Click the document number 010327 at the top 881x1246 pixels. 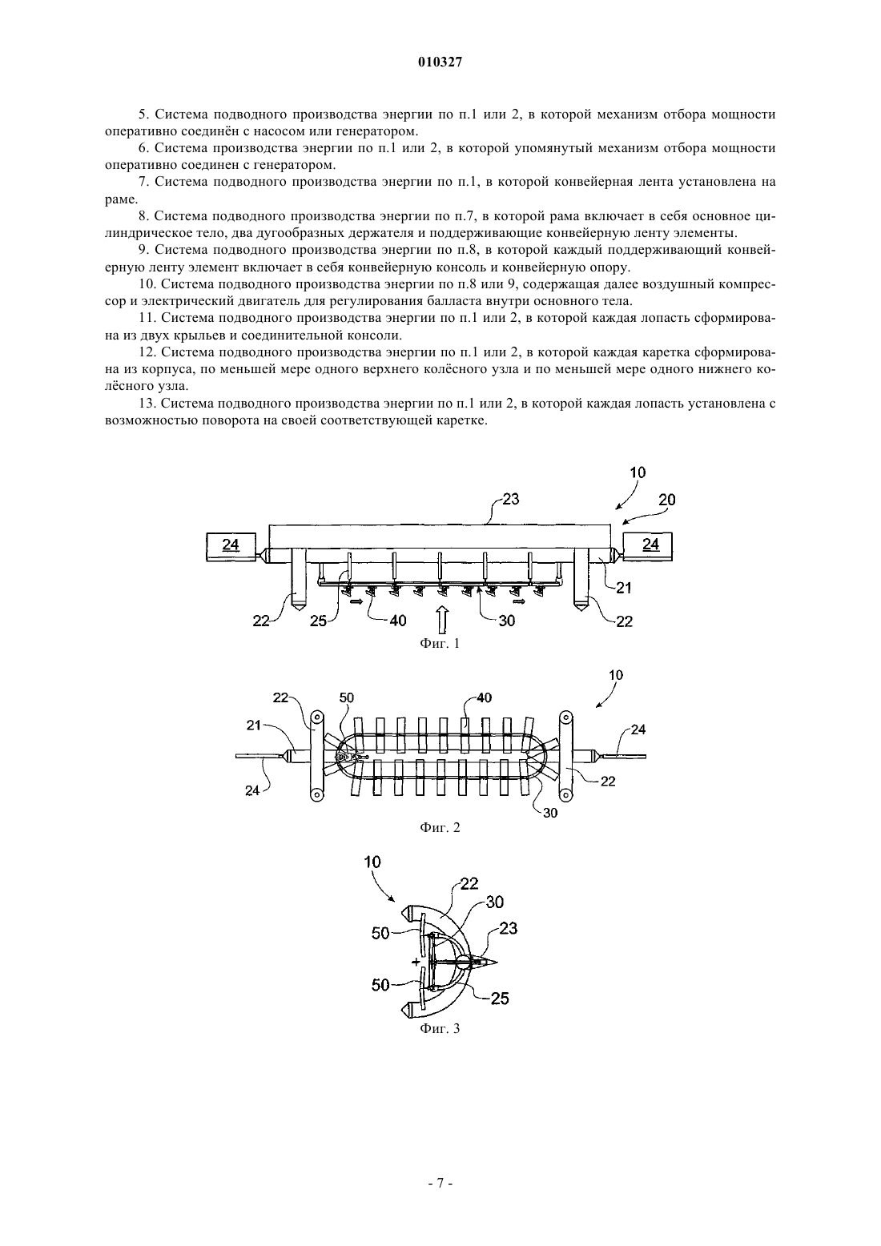(440, 62)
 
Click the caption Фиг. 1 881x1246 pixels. (440, 644)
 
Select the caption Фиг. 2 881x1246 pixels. (440, 827)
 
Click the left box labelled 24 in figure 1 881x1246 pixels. (231, 547)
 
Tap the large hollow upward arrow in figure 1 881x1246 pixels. (442, 620)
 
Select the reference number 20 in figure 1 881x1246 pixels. (667, 500)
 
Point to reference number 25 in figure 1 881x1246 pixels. (318, 621)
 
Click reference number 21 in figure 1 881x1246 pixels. (624, 588)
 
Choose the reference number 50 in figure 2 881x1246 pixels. (346, 697)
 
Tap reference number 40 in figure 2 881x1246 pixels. (485, 697)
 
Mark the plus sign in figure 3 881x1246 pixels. (416, 961)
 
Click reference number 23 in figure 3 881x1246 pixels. (509, 928)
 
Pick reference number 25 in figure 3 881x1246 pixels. (500, 999)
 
